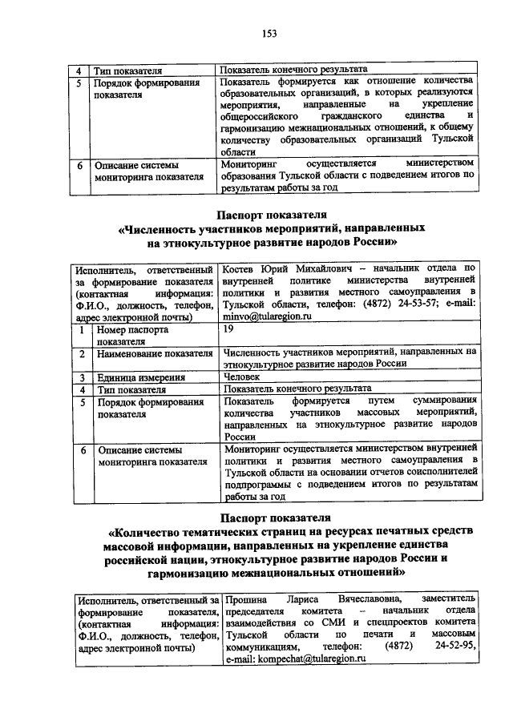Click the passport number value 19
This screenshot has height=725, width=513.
point(229,329)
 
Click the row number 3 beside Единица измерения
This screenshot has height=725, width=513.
point(82,377)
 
